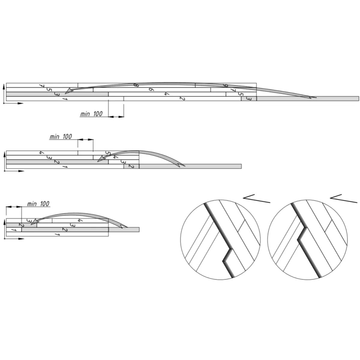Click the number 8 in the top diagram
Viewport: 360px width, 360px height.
tap(136, 85)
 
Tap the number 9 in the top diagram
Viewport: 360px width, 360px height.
tap(226, 85)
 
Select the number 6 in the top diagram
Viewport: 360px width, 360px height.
tap(151, 90)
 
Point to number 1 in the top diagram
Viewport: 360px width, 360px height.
tap(64, 99)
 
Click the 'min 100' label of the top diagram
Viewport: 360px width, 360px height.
tap(91, 114)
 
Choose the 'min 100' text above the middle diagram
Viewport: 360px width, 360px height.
tap(61, 136)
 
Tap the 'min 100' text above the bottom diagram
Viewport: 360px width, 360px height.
tap(38, 204)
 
